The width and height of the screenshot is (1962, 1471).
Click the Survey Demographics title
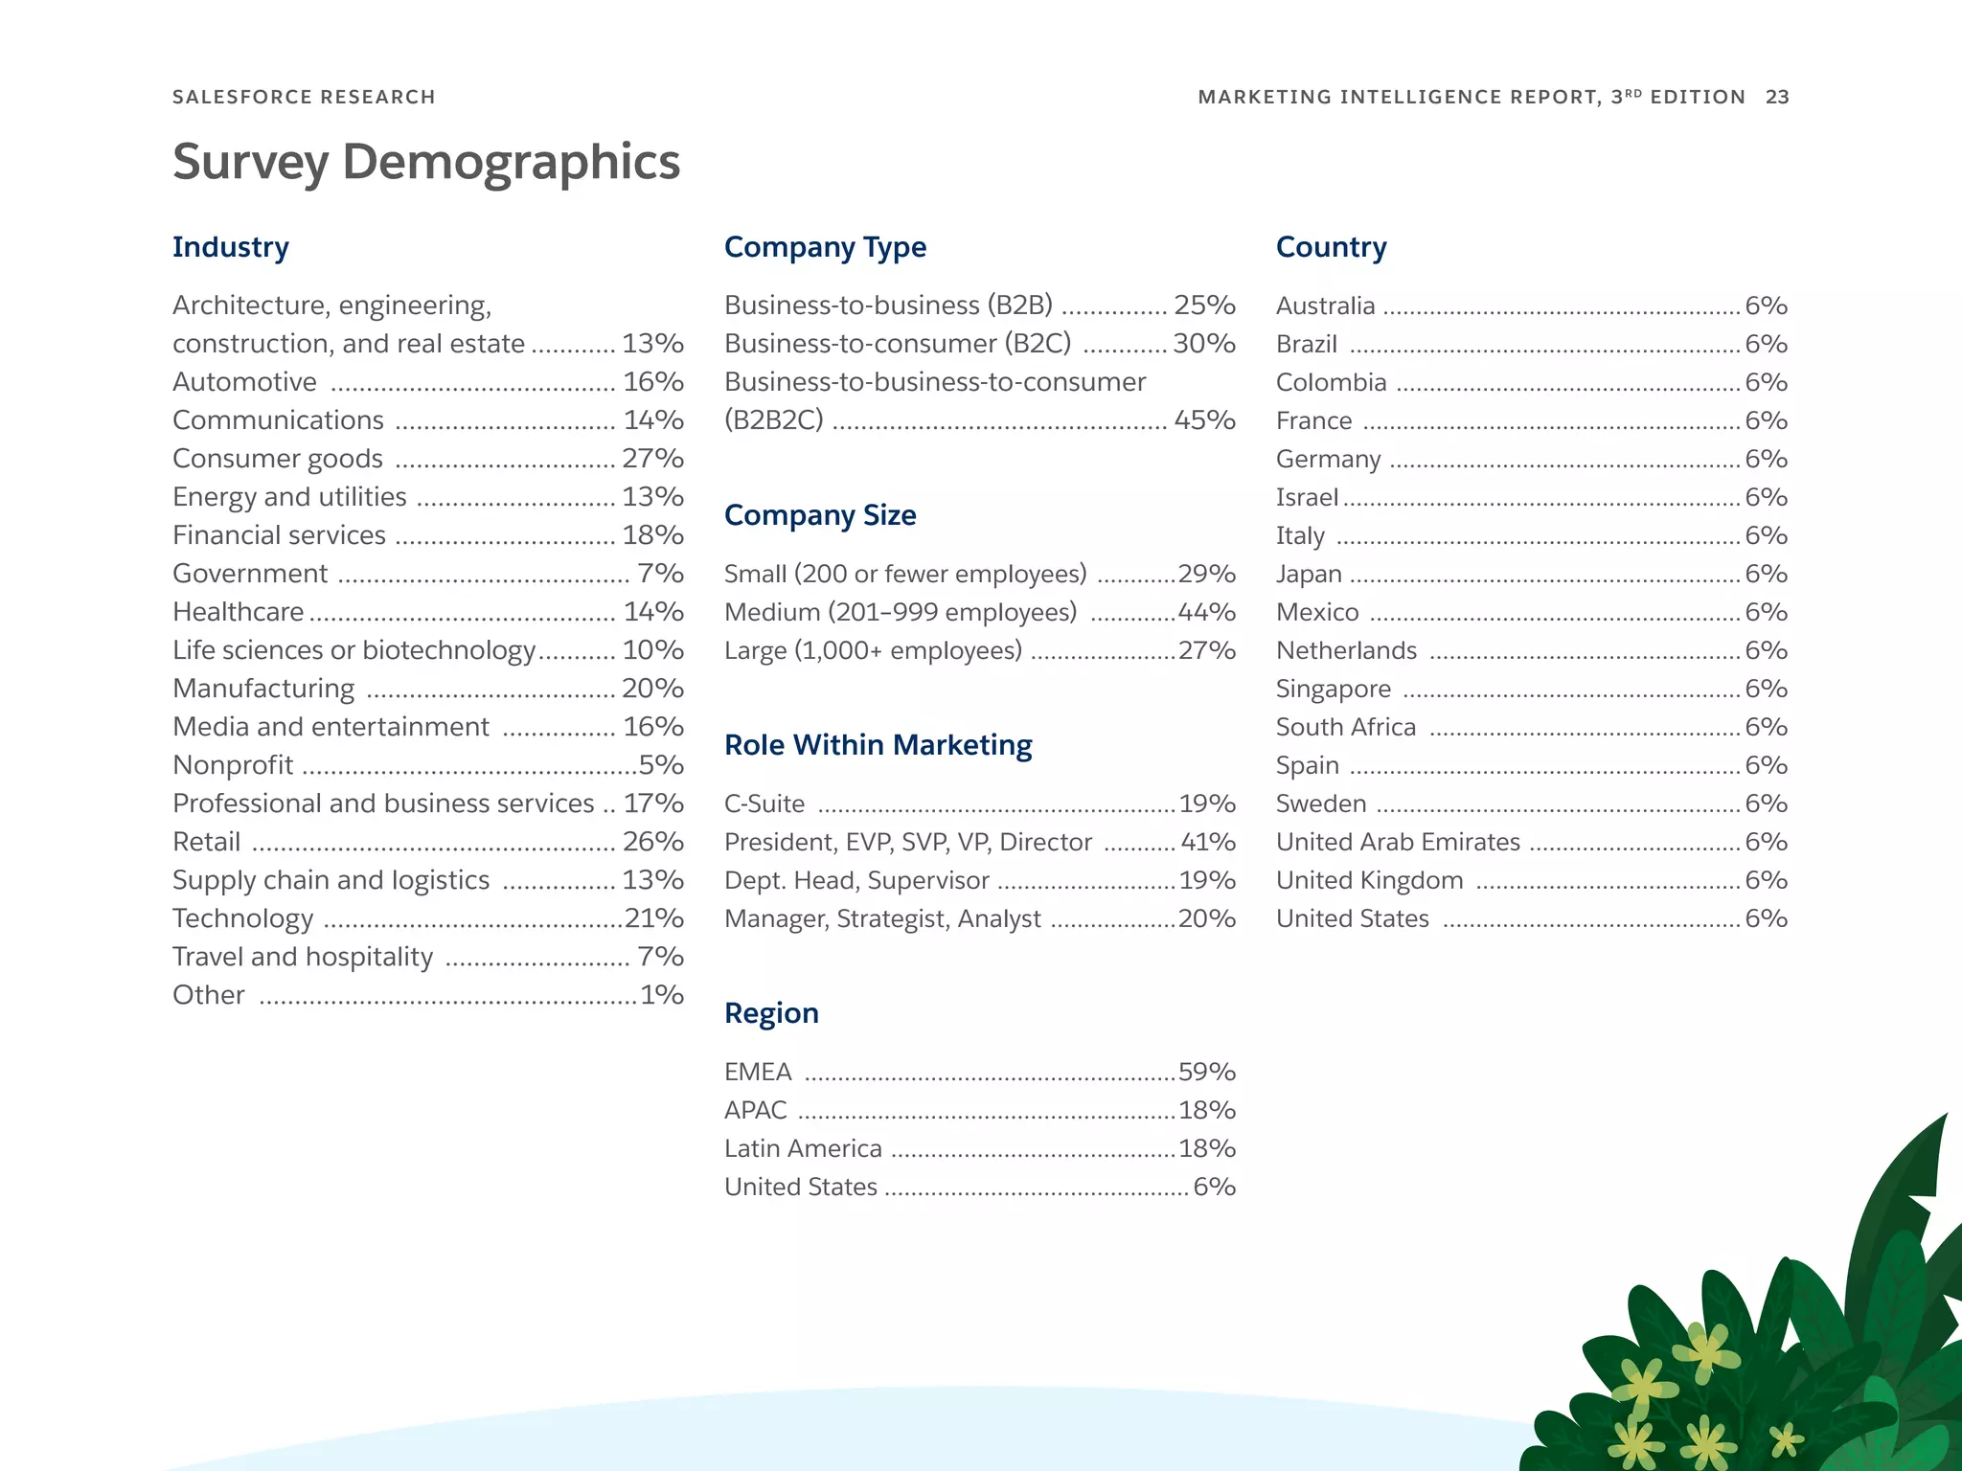coord(425,162)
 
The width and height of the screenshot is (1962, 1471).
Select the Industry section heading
coord(230,247)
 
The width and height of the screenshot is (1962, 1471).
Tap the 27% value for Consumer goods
coord(652,458)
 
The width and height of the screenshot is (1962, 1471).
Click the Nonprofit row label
coord(233,764)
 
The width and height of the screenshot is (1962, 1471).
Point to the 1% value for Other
coord(662,994)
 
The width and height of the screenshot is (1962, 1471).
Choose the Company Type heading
coord(825,247)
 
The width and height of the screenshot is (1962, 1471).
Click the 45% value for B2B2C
coord(1204,419)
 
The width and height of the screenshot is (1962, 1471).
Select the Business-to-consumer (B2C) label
coord(898,343)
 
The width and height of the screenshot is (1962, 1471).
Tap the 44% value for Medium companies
coord(1206,611)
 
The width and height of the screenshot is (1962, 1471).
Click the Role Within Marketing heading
coord(878,745)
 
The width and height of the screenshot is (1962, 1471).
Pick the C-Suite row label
coord(764,803)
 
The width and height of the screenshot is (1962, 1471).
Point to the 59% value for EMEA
coord(1206,1071)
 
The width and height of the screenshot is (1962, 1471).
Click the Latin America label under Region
coord(803,1148)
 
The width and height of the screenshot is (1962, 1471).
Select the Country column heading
coord(1331,247)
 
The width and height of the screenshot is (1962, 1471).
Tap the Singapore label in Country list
coord(1333,689)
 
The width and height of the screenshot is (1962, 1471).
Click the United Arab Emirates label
coord(1398,842)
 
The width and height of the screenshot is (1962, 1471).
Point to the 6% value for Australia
coord(1766,306)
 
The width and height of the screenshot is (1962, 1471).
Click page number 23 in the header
coord(1777,97)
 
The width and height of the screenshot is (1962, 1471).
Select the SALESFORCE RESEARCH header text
coord(304,97)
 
